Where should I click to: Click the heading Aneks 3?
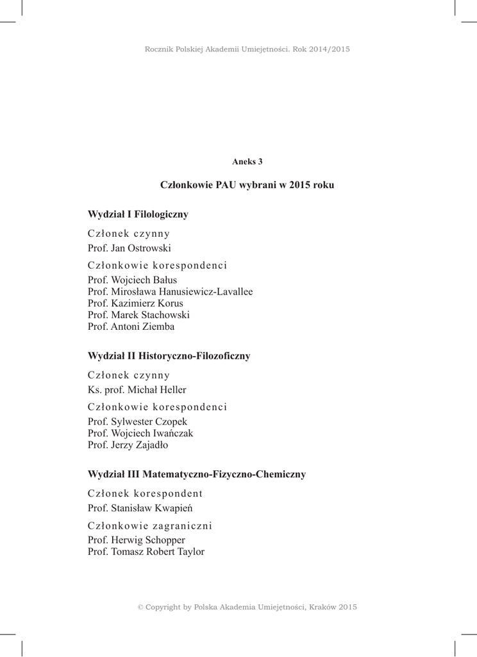click(x=247, y=161)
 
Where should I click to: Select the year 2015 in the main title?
click(x=300, y=185)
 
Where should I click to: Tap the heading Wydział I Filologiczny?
click(x=137, y=214)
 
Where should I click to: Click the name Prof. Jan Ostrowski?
click(x=129, y=248)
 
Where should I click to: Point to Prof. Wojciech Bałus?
click(x=132, y=280)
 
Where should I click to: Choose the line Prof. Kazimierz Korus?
click(x=135, y=303)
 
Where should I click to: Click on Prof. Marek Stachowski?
click(x=138, y=315)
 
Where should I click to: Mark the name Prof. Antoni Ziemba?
click(x=131, y=327)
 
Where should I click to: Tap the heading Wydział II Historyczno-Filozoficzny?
click(x=169, y=355)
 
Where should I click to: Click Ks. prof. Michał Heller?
click(x=137, y=389)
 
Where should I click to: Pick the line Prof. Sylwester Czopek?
click(x=137, y=422)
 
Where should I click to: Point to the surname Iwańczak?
click(x=173, y=433)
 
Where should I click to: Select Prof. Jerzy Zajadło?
click(x=128, y=445)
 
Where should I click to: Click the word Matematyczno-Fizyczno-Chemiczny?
click(x=224, y=474)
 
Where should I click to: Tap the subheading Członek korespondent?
click(x=145, y=493)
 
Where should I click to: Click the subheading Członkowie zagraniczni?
click(x=149, y=525)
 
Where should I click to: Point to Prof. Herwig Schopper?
click(x=136, y=540)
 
